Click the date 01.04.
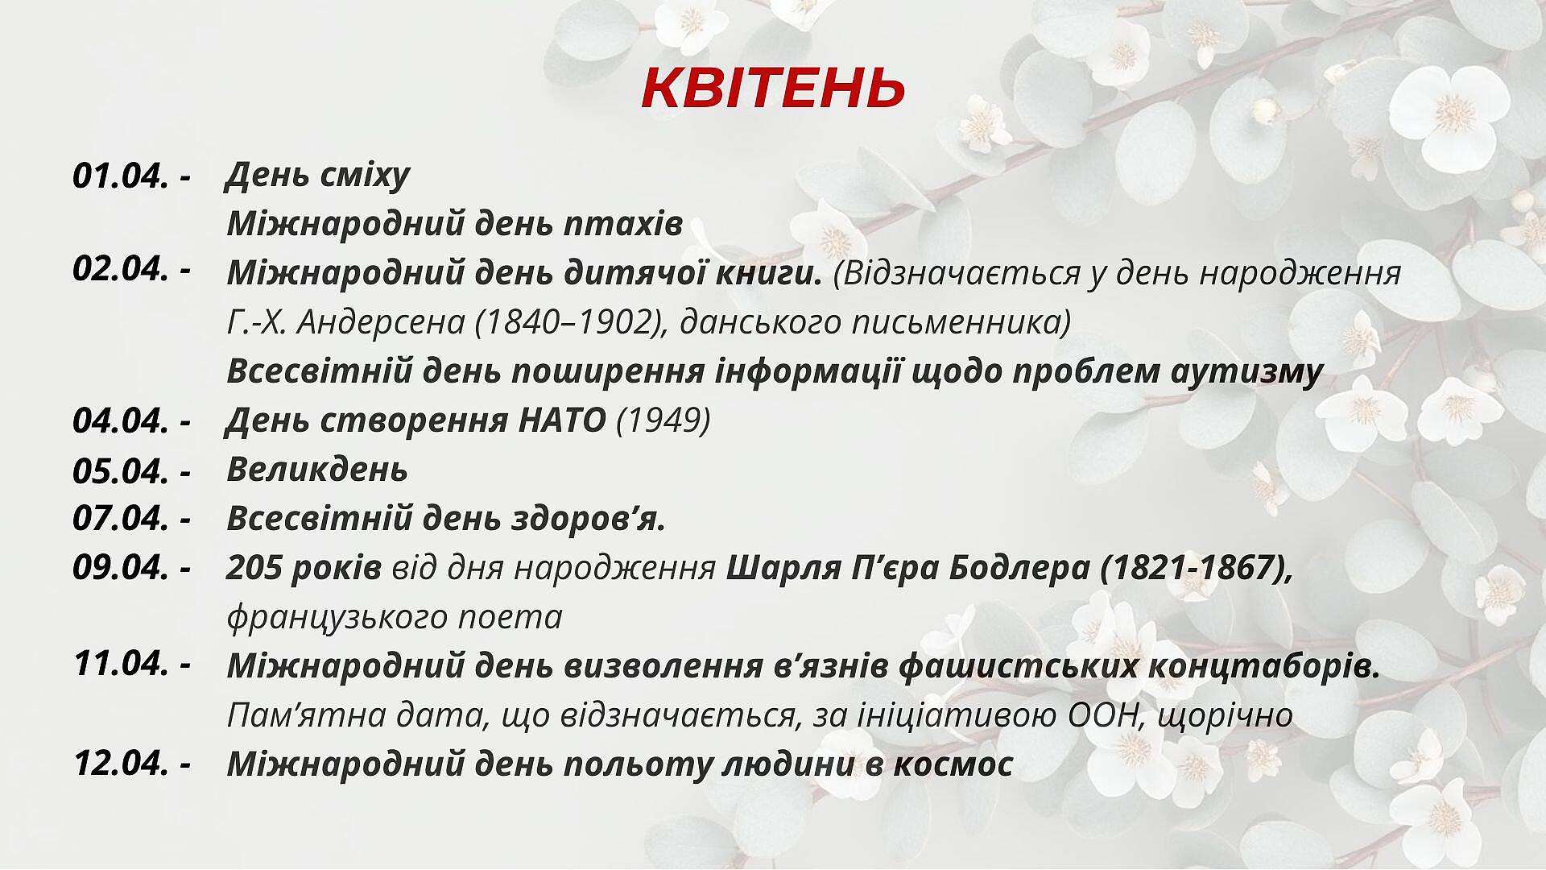pos(121,176)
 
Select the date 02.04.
pos(121,268)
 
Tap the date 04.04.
pos(121,421)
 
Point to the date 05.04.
pos(121,471)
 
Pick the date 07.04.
pos(121,518)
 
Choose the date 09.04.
pos(121,568)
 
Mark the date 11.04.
pos(121,664)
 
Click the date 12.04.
pos(121,764)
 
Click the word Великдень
pos(317,469)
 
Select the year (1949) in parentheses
pos(663,420)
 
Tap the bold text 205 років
pos(304,569)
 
